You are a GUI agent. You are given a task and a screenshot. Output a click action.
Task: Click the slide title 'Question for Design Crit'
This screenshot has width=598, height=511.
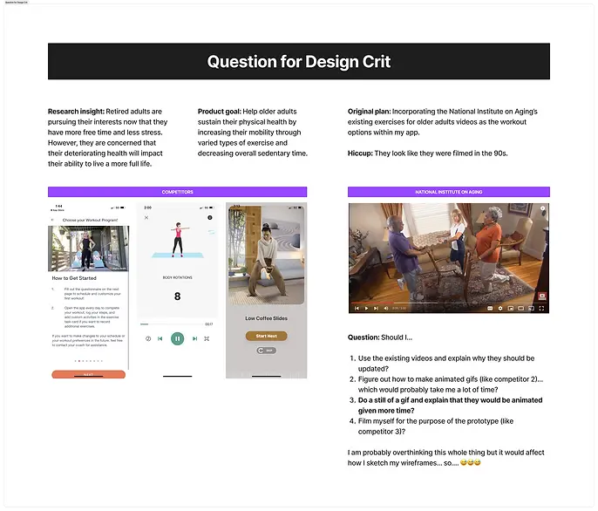tap(298, 62)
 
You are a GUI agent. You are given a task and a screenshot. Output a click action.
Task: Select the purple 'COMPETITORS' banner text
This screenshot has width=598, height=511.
tap(177, 192)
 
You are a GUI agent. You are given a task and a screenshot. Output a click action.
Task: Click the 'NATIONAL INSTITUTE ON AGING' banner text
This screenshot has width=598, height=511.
tap(448, 192)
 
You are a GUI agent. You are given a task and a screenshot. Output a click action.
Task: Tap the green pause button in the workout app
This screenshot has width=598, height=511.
tap(177, 338)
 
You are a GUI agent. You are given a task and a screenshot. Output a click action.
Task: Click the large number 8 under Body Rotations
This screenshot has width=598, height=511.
tap(177, 296)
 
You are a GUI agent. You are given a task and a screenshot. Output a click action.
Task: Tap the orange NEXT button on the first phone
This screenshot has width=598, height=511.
tap(88, 374)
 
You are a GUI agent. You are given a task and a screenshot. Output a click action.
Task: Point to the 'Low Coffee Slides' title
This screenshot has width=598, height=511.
tap(266, 318)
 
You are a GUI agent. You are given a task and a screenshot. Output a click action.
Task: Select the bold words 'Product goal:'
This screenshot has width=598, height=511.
tap(224, 112)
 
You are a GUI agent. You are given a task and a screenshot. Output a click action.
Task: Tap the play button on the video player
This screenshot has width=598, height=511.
tap(355, 308)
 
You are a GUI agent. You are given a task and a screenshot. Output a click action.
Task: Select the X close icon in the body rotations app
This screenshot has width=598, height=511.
tap(146, 218)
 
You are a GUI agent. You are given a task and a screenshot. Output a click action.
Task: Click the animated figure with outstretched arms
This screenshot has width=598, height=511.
tap(177, 237)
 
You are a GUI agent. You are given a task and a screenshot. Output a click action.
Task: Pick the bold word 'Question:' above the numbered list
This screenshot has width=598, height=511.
tap(364, 337)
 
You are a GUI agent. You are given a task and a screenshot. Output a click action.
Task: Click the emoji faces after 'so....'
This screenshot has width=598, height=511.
tap(471, 462)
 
